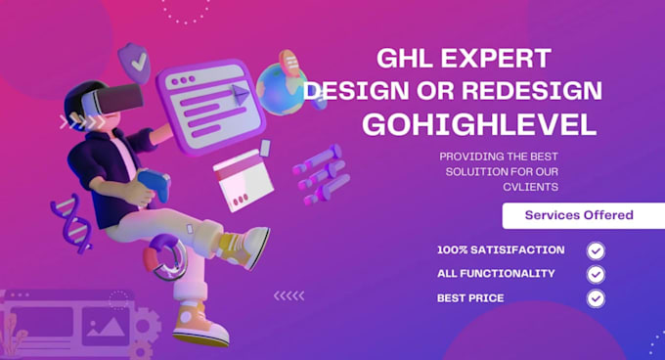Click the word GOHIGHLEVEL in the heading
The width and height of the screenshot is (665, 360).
coord(479,124)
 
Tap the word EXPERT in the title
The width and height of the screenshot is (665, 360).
coord(496,58)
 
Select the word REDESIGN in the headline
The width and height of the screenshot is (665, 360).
coord(532,90)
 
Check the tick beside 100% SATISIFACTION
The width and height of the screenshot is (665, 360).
coord(596,250)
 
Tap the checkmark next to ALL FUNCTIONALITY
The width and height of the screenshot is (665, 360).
coord(596,274)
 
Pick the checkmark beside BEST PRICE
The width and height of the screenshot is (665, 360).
coord(596,298)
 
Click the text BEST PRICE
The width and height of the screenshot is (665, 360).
coord(470,298)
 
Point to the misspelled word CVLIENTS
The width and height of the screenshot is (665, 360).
coord(531,187)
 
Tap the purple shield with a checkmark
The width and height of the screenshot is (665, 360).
coord(134,62)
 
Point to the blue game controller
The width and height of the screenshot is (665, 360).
coord(154,185)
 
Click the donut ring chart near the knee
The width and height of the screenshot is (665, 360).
coord(165,257)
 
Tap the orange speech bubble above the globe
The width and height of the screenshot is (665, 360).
coord(289,63)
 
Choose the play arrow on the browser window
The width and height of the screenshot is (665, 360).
coord(241,95)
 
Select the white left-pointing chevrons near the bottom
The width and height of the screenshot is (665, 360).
coord(288,295)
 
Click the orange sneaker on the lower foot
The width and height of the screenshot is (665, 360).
coord(199,325)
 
